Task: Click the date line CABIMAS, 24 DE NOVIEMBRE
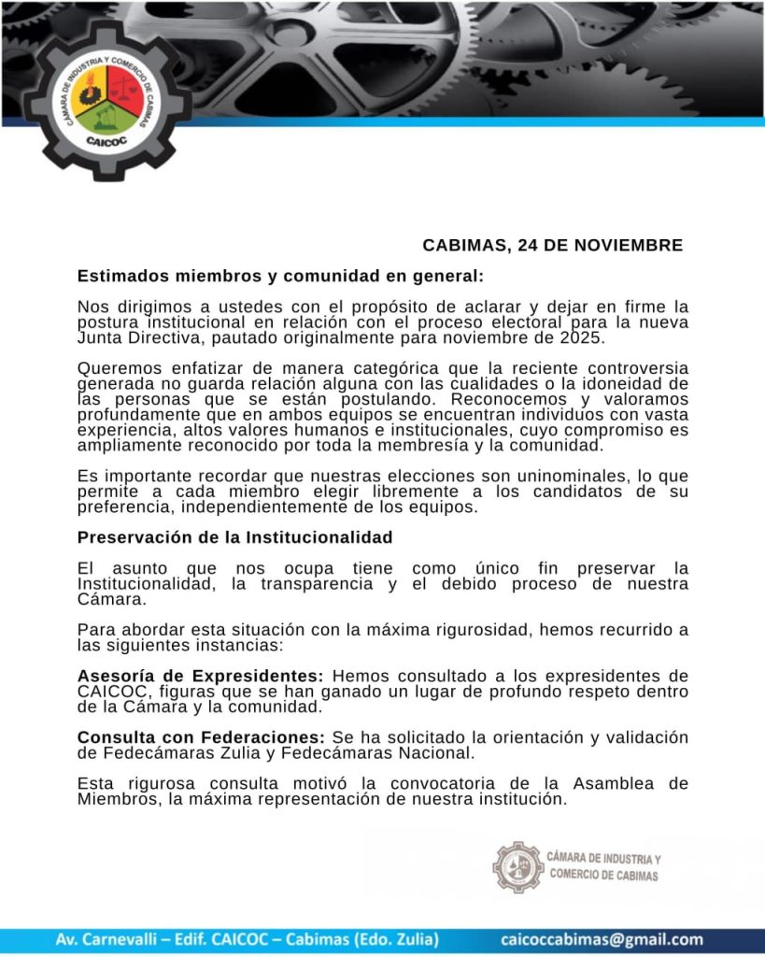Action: (x=552, y=246)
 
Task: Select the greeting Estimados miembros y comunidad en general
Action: (x=280, y=277)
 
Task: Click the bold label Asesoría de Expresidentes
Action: (x=201, y=676)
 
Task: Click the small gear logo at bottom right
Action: (x=517, y=867)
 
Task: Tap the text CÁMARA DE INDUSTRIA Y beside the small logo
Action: (x=604, y=859)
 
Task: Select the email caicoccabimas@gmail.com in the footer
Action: (x=602, y=939)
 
